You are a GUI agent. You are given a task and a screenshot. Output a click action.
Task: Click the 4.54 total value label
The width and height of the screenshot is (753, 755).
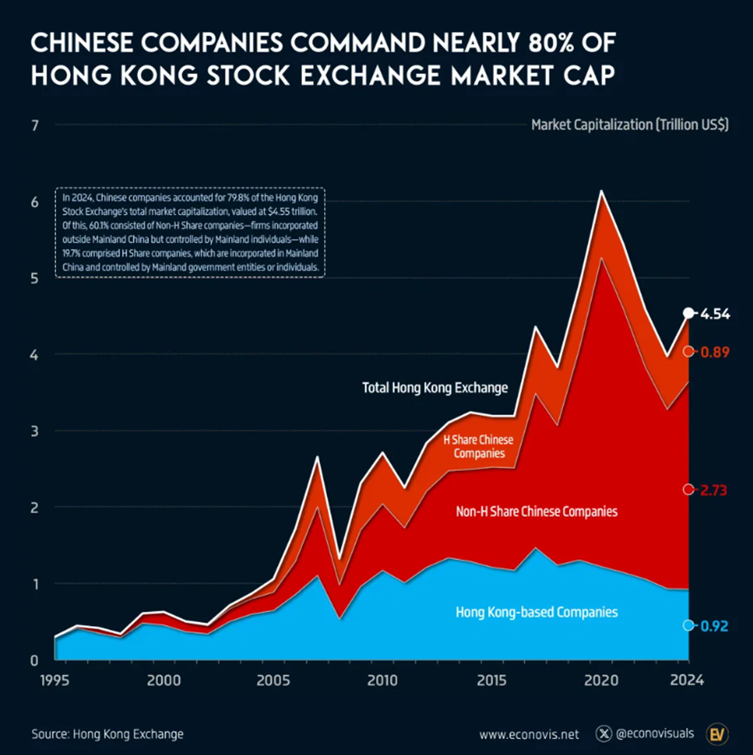715,314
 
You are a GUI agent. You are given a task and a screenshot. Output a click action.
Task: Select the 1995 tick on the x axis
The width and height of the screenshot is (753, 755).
54,680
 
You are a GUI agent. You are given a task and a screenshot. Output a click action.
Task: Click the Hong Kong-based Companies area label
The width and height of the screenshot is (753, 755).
536,612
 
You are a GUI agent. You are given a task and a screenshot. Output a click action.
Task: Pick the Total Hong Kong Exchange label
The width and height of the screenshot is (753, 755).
435,388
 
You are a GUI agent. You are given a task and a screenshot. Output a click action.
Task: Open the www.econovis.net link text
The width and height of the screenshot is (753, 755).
530,733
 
